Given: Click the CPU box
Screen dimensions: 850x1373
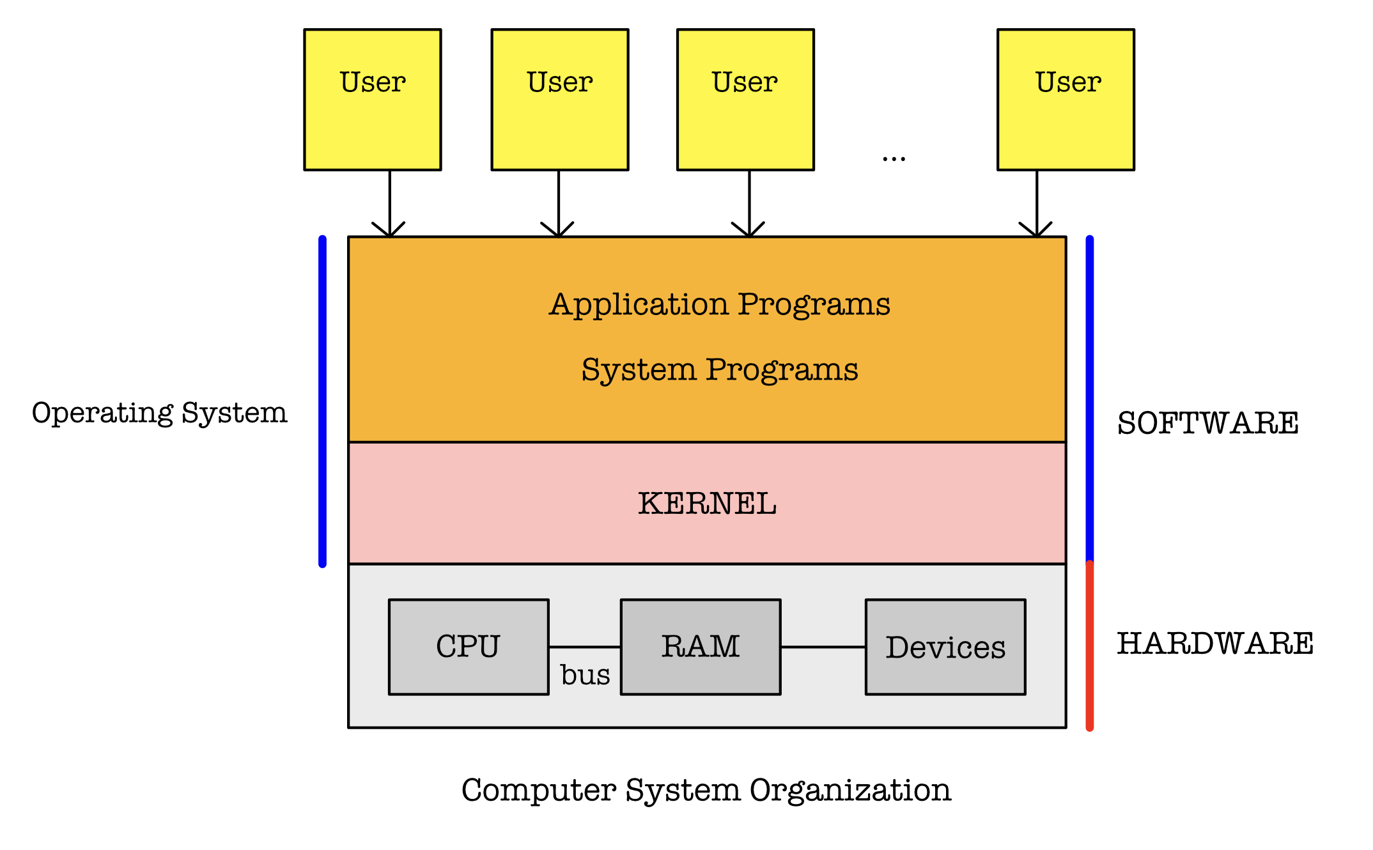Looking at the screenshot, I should tap(469, 647).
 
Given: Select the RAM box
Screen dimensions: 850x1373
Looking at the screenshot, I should tap(701, 647).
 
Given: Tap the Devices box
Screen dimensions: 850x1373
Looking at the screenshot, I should tap(945, 647).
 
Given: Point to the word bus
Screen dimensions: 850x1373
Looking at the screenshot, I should tap(585, 675).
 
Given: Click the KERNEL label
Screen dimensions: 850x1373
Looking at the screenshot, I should tap(707, 504).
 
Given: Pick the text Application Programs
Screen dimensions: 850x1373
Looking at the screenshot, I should tap(720, 304).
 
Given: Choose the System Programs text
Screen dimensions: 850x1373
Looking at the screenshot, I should tap(720, 370).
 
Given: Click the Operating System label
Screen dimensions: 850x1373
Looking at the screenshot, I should tap(160, 413).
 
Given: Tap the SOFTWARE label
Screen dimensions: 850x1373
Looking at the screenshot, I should tap(1207, 423).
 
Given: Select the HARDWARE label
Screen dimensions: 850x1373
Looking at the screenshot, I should tap(1215, 644).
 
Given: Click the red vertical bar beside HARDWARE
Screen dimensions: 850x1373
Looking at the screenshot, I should tap(1090, 645).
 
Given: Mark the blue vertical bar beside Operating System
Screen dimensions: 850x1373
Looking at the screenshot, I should tap(323, 401).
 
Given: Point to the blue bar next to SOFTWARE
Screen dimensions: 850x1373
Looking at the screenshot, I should tap(1090, 399).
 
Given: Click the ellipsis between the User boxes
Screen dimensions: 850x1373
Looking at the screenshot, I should tap(894, 158).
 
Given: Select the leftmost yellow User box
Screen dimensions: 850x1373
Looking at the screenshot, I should tap(373, 100).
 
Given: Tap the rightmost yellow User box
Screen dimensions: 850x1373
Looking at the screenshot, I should tap(1066, 100).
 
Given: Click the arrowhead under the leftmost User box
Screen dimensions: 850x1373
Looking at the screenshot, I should tap(389, 231).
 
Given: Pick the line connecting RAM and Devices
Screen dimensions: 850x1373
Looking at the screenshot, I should tap(823, 647).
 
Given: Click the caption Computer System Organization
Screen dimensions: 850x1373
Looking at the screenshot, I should tap(706, 791).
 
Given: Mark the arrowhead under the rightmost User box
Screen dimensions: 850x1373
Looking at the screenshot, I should tap(1036, 231).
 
